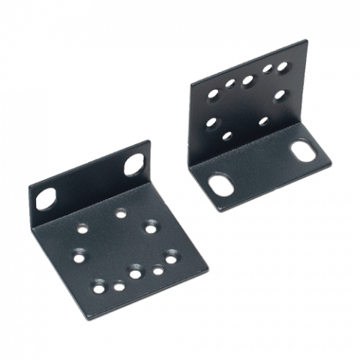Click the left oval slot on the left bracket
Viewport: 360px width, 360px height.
[x=45, y=197]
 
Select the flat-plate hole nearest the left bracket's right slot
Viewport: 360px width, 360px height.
[x=152, y=224]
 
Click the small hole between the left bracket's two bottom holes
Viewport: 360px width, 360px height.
[x=120, y=285]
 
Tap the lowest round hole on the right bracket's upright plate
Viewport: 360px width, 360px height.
[x=227, y=136]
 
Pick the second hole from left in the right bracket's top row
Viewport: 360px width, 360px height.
[x=229, y=85]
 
